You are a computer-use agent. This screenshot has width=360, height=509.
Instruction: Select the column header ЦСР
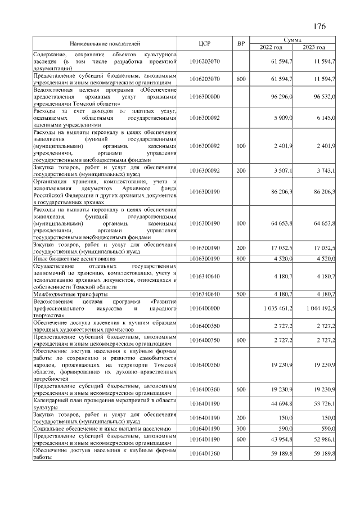click(x=205, y=43)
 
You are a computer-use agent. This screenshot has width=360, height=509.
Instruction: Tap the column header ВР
click(x=241, y=43)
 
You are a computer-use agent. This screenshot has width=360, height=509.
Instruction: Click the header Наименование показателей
click(x=105, y=43)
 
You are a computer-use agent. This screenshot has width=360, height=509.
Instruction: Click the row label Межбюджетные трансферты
click(x=70, y=294)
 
